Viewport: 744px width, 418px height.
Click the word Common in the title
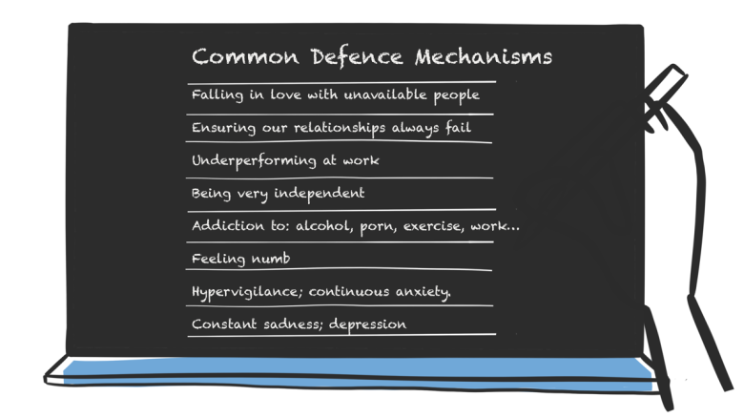[245, 56]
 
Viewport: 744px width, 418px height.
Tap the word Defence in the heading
[357, 57]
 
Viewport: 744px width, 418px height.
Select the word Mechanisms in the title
[484, 57]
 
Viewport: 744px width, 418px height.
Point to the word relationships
[340, 128]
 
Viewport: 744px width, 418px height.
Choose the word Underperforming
[254, 161]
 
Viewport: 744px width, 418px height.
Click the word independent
[319, 194]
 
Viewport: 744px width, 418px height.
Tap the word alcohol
[324, 225]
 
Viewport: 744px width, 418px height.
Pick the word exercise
[433, 226]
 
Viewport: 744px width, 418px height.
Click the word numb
[271, 259]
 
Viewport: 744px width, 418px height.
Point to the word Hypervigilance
[247, 292]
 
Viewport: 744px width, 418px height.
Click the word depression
[368, 324]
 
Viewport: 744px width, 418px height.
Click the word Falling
[217, 95]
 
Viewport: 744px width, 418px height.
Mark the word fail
[458, 127]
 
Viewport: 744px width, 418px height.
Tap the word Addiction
[228, 225]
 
